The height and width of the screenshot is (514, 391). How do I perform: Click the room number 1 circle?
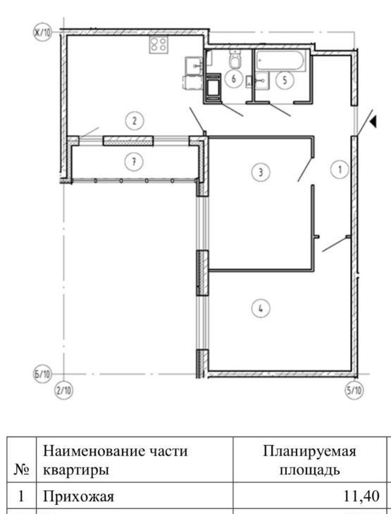(x=340, y=170)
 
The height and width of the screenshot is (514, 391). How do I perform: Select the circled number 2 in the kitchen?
(x=135, y=121)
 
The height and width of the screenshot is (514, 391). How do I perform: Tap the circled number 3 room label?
(x=261, y=172)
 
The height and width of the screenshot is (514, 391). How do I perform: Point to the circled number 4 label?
(x=261, y=308)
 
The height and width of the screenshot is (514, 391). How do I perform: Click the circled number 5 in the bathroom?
(x=285, y=80)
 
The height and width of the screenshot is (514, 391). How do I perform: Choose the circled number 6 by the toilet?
(x=234, y=79)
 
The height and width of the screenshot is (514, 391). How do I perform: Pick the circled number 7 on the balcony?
(x=134, y=162)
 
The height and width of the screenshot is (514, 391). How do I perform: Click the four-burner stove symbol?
(x=159, y=45)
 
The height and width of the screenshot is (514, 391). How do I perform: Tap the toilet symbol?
(x=235, y=59)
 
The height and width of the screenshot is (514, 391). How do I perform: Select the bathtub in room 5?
(x=281, y=60)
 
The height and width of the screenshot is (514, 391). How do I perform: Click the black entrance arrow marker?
(x=373, y=122)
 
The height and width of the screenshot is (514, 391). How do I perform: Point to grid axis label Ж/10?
(x=43, y=33)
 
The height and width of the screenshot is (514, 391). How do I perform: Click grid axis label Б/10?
(x=43, y=374)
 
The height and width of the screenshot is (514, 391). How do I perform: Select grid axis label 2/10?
(x=63, y=391)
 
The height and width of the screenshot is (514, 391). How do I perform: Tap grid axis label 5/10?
(x=354, y=391)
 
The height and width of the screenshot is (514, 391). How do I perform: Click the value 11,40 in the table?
(x=361, y=496)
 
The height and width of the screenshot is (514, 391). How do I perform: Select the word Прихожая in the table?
(x=78, y=496)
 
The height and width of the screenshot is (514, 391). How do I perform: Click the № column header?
(x=22, y=470)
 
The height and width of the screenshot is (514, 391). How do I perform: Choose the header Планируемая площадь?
(x=309, y=460)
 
